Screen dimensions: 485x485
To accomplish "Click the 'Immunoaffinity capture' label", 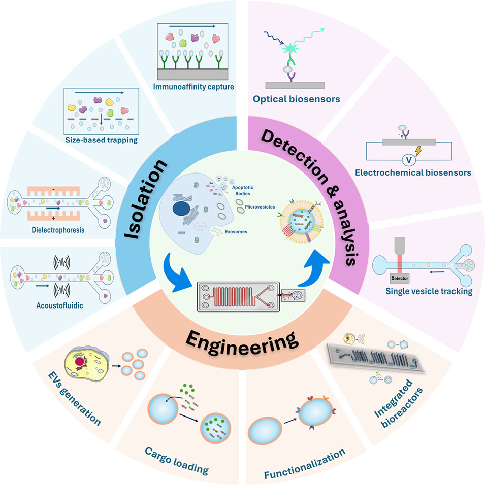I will point(193,87).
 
